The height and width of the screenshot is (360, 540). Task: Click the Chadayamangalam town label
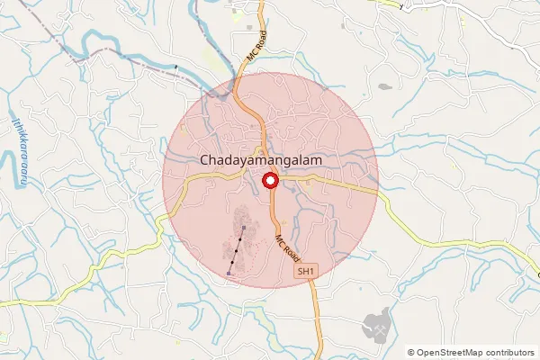coord(261,159)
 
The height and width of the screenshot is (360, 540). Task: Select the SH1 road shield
coord(307,270)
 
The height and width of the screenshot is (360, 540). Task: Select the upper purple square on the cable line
coord(244,229)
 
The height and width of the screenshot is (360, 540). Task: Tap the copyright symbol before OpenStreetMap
coord(411,353)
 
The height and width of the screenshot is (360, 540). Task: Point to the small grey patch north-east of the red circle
coord(385,87)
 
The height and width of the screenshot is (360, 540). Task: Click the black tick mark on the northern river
coord(176,67)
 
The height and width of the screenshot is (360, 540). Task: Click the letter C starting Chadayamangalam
coord(205,159)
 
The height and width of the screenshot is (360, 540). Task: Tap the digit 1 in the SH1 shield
coord(312,270)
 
